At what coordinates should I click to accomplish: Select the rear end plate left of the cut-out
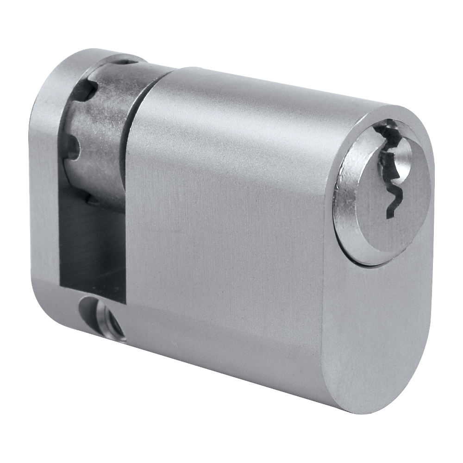click(44, 185)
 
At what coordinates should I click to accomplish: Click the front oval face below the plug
click(370, 333)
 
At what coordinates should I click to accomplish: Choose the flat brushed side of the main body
click(222, 241)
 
